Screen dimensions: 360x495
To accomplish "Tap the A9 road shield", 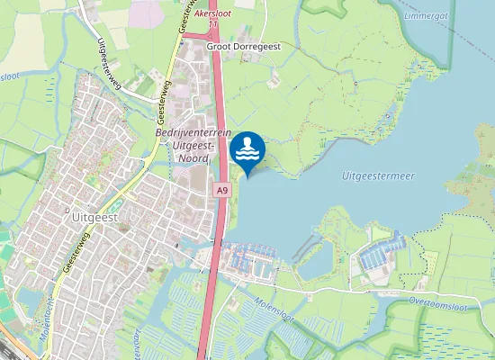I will (222, 191).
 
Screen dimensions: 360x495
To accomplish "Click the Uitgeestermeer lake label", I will (378, 176).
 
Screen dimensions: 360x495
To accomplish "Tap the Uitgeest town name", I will (93, 217).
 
